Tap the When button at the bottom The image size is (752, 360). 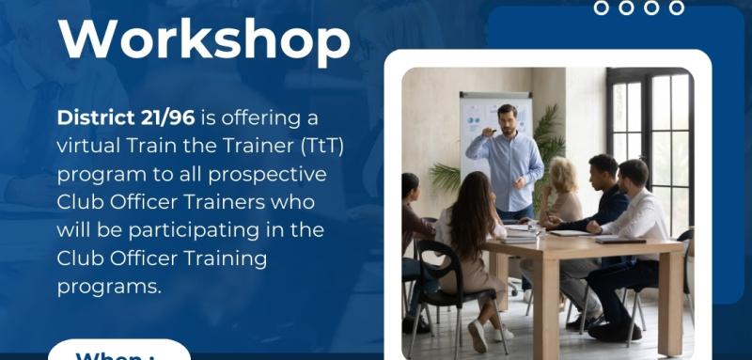[118, 352]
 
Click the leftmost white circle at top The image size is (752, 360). [603, 8]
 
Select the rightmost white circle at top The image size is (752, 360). [676, 8]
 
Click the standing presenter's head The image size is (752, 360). [508, 118]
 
